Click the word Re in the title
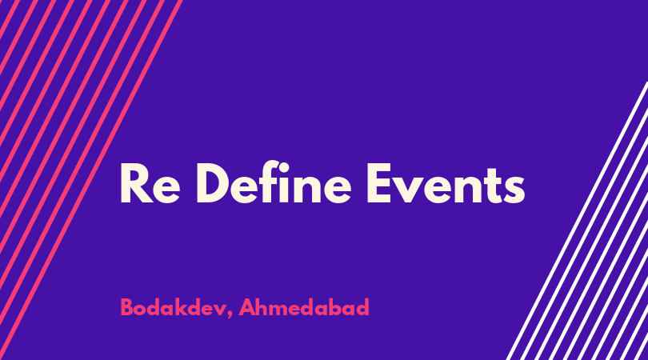pyautogui.click(x=150, y=183)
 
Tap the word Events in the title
pyautogui.click(x=446, y=183)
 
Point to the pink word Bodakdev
pyautogui.click(x=173, y=307)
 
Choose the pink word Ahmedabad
pyautogui.click(x=304, y=307)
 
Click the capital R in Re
pyautogui.click(x=136, y=183)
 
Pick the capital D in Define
pyautogui.click(x=214, y=183)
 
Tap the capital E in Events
pyautogui.click(x=379, y=183)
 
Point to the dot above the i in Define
pyautogui.click(x=284, y=167)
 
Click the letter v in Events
pyautogui.click(x=406, y=190)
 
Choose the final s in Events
pyautogui.click(x=514, y=190)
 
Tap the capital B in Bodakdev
pyautogui.click(x=126, y=307)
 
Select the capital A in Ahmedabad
pyautogui.click(x=247, y=307)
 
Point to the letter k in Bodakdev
pyautogui.click(x=180, y=306)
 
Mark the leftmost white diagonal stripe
pyautogui.click(x=577, y=221)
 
